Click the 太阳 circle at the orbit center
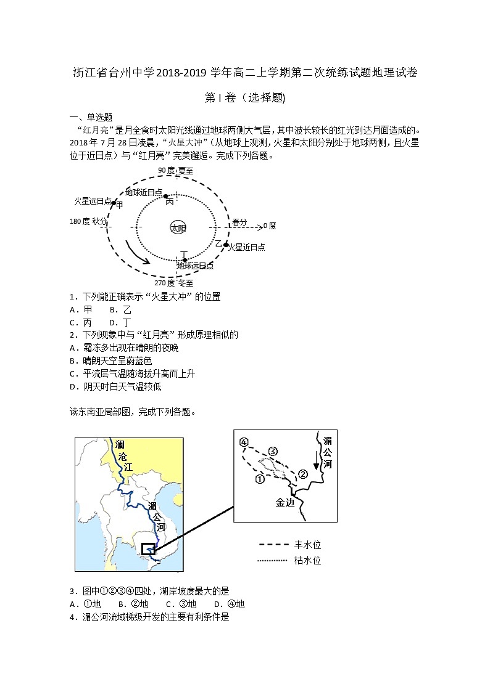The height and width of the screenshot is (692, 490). tap(177, 227)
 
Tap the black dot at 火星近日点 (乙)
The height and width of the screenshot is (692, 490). tap(226, 245)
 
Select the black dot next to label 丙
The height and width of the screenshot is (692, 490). tap(165, 195)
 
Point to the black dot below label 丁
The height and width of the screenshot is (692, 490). tap(184, 260)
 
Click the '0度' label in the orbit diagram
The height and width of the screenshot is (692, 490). tap(270, 226)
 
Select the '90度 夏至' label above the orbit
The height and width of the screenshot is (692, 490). tap(176, 170)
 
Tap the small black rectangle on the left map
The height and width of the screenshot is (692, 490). tap(148, 549)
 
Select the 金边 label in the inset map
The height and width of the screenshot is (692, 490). tap(285, 502)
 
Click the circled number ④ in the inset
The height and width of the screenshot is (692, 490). tap(244, 442)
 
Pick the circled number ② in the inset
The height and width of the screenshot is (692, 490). tap(302, 474)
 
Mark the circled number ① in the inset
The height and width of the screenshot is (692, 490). tap(260, 478)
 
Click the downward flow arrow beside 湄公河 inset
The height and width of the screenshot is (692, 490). tap(316, 459)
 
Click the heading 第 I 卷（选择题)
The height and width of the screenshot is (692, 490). tap(244, 97)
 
